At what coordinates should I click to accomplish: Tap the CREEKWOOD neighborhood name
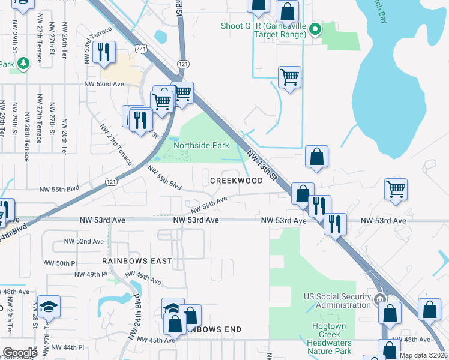(236, 181)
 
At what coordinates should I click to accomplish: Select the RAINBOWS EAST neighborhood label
(137, 262)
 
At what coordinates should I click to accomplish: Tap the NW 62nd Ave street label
(104, 84)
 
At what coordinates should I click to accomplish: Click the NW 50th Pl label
(62, 263)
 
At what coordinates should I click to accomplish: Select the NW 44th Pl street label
(67, 347)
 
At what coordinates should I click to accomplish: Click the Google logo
(20, 353)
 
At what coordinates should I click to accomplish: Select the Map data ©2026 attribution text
(423, 355)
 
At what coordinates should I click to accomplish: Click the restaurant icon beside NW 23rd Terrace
(106, 52)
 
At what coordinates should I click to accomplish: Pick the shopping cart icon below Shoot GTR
(289, 77)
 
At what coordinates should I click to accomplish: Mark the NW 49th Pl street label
(91, 274)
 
